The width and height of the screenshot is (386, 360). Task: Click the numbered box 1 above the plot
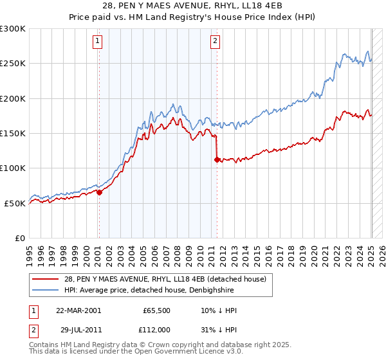coord(98,41)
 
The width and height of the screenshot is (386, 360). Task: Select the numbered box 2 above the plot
coord(214,41)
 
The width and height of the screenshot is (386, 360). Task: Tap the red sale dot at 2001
coord(99,192)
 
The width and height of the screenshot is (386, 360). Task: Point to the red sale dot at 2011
coord(217,159)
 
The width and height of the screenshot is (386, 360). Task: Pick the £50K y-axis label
coord(15,203)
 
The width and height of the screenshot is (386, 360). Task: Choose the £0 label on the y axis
coord(19,238)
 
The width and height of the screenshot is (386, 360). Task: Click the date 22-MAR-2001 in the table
coord(78,310)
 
